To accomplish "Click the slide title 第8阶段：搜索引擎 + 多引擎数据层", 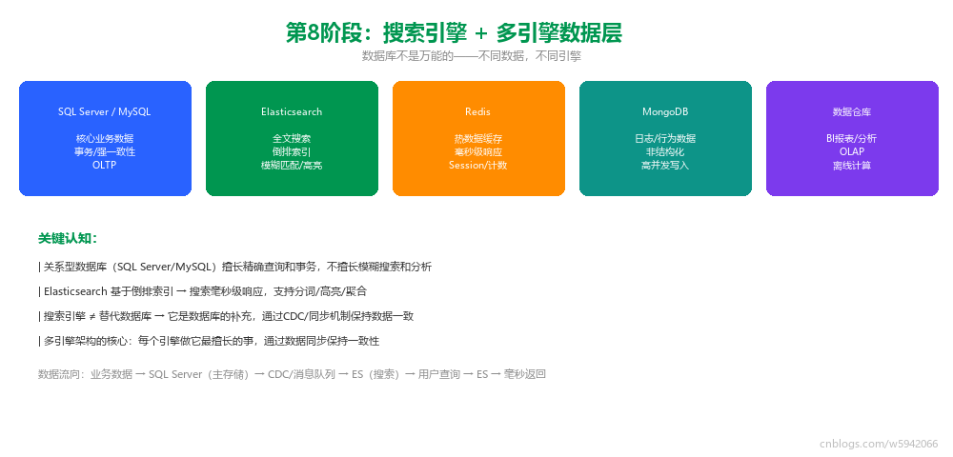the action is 454,32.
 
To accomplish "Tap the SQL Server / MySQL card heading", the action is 105,111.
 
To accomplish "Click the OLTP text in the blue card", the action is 105,165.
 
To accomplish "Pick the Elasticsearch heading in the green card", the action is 292,111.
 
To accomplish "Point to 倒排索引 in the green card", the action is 292,151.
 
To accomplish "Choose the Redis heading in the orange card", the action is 477,111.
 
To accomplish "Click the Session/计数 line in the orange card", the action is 477,165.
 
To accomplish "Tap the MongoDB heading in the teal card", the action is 665,111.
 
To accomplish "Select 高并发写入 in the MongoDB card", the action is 665,165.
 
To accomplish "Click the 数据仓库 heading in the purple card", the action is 852,111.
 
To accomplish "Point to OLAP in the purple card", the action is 852,151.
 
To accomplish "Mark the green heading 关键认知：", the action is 68,239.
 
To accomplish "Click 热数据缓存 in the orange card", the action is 477,138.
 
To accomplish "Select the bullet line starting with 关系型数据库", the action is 234,267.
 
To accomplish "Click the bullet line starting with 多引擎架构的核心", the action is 209,341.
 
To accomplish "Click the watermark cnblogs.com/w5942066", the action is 879,444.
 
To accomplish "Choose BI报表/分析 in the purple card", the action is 852,138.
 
